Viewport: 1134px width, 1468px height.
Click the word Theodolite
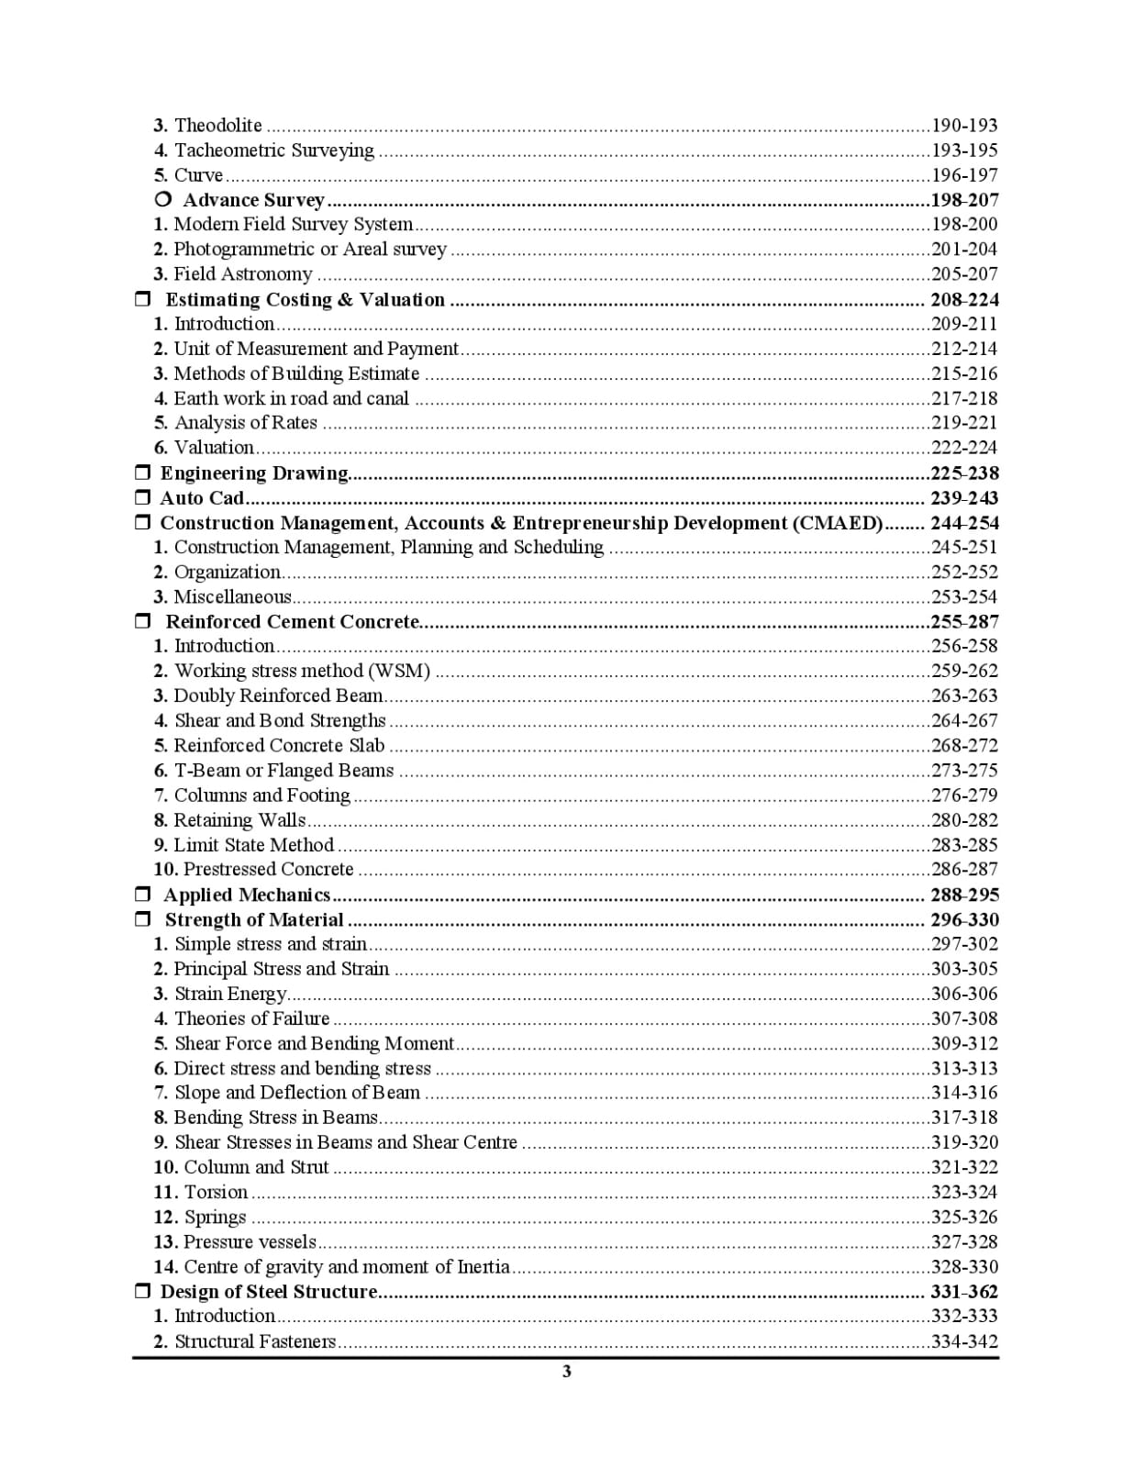click(217, 126)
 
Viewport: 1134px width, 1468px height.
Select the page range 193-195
click(964, 150)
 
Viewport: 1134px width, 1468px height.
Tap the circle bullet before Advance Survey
click(163, 199)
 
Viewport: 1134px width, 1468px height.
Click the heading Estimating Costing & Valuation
click(305, 300)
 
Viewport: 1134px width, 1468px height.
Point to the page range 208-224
click(964, 300)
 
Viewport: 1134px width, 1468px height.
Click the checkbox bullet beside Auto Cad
click(142, 498)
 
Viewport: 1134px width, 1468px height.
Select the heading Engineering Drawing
click(254, 473)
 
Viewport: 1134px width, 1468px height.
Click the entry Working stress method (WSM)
click(302, 672)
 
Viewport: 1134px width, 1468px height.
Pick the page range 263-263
click(964, 696)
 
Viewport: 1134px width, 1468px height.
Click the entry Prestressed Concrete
click(268, 870)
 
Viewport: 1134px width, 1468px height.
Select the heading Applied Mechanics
click(247, 895)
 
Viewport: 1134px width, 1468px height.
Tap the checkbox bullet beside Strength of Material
click(142, 919)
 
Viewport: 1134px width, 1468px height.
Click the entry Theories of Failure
click(251, 1019)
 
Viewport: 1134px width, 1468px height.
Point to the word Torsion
click(216, 1193)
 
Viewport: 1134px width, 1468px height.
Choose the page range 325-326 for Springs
click(964, 1218)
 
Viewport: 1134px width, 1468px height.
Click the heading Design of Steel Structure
click(269, 1292)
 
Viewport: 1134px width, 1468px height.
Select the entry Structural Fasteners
click(255, 1342)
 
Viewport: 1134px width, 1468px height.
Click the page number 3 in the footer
click(567, 1372)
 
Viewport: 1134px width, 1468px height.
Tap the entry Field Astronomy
click(243, 274)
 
